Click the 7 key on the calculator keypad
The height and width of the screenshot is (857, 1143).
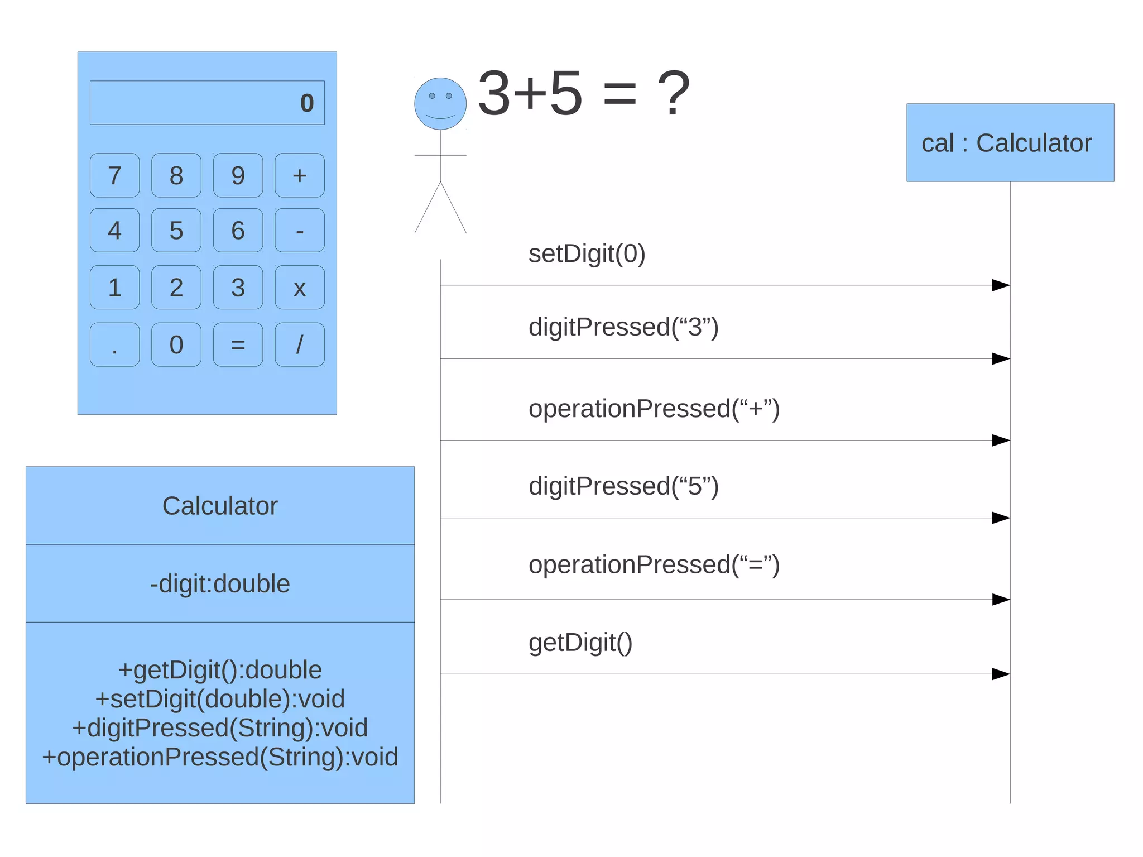114,175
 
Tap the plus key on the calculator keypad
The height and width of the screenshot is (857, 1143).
300,175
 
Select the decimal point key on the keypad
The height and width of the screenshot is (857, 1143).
114,344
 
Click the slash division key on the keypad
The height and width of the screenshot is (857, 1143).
300,344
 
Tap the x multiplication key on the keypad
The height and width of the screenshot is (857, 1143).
300,288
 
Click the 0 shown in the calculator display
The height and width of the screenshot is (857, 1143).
307,103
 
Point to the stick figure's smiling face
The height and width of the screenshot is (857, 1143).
440,104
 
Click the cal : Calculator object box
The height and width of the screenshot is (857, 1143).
1010,143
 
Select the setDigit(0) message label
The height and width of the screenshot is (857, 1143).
587,253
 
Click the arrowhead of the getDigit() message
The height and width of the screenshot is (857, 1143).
1001,674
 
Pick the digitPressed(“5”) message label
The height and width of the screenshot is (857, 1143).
623,486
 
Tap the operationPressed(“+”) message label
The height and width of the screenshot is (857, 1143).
654,409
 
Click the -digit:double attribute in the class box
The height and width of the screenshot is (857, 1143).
220,583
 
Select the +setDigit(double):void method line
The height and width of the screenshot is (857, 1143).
220,699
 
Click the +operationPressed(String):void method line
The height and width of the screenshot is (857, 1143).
220,757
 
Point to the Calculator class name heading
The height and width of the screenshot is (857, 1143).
220,506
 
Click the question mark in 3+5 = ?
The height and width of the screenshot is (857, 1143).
674,94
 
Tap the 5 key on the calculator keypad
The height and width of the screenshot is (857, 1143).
176,231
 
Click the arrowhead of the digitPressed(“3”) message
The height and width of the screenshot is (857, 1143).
1001,358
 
